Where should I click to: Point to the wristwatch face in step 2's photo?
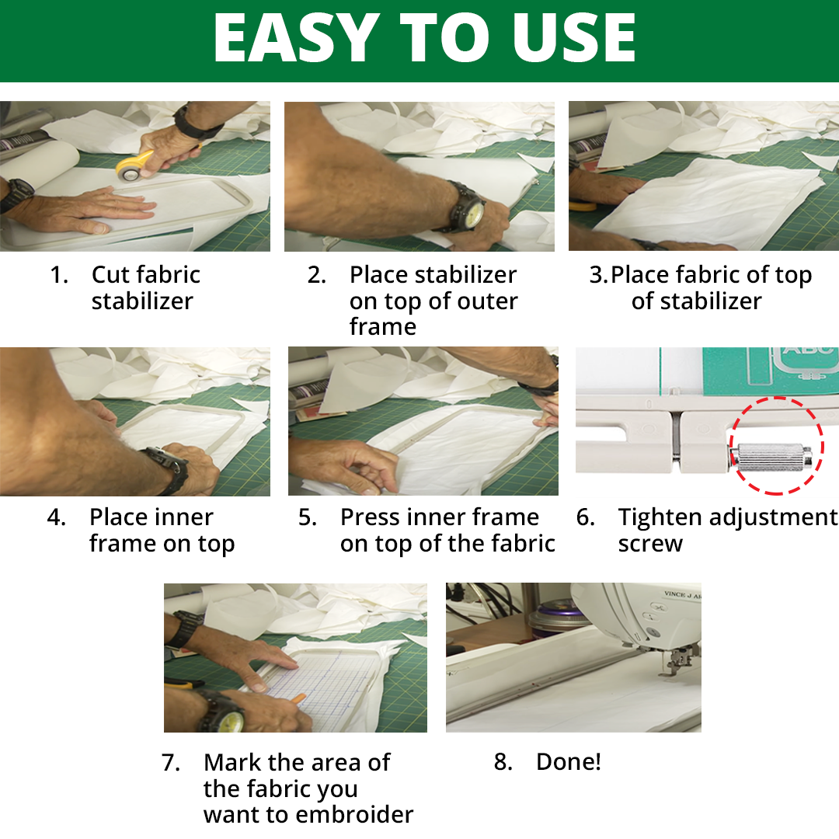pyautogui.click(x=473, y=211)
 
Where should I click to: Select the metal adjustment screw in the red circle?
pyautogui.click(x=771, y=458)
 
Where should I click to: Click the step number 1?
pyautogui.click(x=58, y=275)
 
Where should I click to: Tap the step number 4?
pyautogui.click(x=56, y=517)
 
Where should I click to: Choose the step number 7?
pyautogui.click(x=171, y=763)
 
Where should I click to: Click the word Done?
pyautogui.click(x=569, y=761)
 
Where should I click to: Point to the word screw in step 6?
pyautogui.click(x=650, y=545)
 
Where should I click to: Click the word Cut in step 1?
pyautogui.click(x=110, y=275)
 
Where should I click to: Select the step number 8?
pyautogui.click(x=503, y=762)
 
